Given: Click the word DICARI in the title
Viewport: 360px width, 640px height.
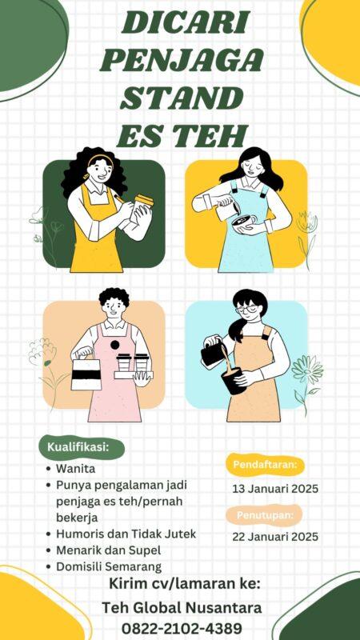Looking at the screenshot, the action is point(186,23).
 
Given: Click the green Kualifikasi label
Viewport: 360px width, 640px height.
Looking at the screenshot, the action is point(82,447).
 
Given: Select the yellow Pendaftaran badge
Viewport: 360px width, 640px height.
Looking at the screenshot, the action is point(266,465).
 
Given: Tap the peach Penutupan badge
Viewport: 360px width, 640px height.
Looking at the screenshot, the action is point(266,514).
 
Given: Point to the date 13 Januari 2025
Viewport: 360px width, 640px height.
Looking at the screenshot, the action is point(275,489).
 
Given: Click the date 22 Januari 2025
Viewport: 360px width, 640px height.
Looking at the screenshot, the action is point(275,536).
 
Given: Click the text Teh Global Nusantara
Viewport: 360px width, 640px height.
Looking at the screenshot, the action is point(182,608).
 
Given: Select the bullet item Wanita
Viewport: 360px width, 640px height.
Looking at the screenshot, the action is point(75,469).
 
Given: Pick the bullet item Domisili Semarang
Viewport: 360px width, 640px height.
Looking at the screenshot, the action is point(109,566).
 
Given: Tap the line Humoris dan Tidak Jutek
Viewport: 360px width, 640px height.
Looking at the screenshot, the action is point(126,534).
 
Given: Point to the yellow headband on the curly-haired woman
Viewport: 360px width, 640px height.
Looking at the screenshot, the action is point(99,158).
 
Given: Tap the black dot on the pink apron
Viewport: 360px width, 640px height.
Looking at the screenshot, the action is point(115,345).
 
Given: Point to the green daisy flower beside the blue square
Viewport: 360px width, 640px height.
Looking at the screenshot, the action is point(307,369).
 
